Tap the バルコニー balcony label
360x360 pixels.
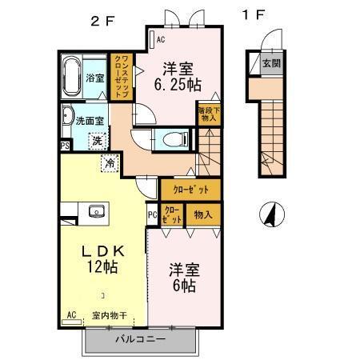(139, 339)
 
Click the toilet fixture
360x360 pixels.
(170, 138)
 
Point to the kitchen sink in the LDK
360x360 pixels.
(97, 211)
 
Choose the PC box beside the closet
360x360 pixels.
(152, 214)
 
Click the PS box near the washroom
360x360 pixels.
(63, 146)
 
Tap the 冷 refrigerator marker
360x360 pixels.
(109, 162)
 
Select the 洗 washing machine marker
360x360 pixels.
(95, 141)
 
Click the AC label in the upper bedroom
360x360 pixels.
(160, 39)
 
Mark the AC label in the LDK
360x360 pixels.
(71, 314)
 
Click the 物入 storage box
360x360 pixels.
(203, 214)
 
